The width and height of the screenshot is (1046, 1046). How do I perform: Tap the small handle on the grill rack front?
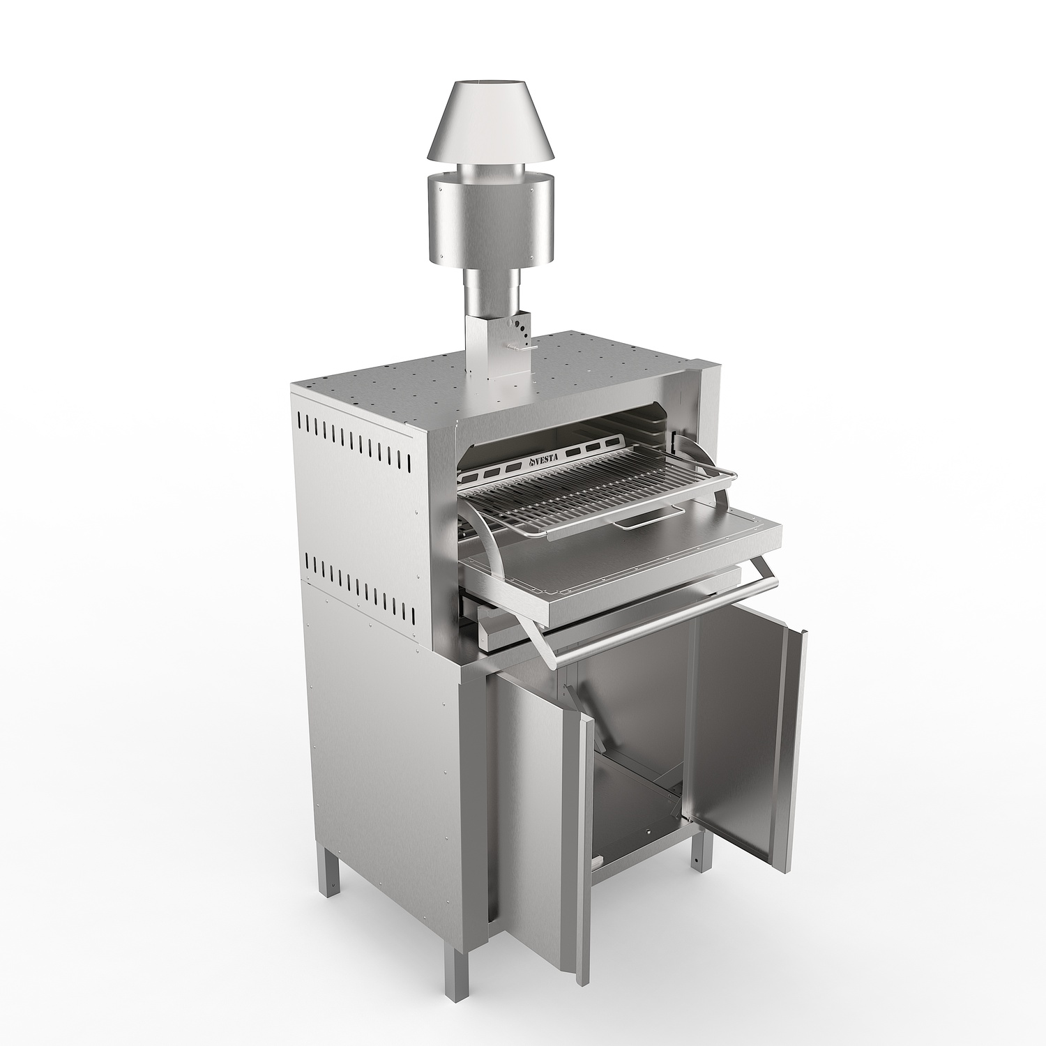(649, 513)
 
